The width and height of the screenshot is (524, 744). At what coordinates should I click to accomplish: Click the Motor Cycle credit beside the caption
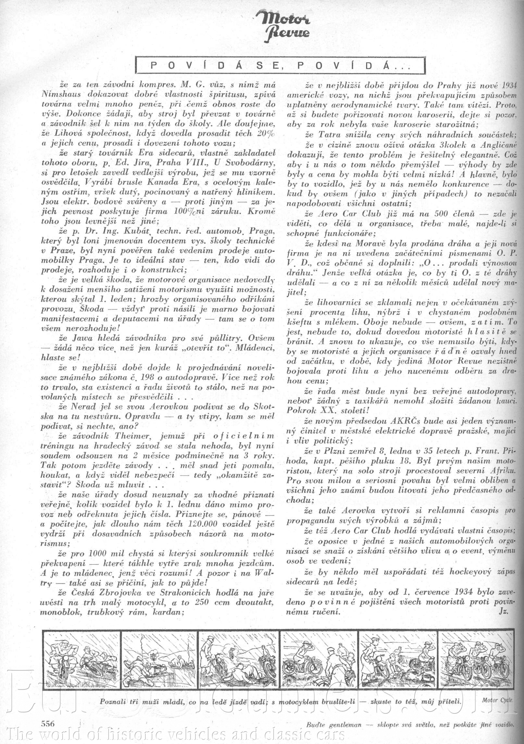497,699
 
